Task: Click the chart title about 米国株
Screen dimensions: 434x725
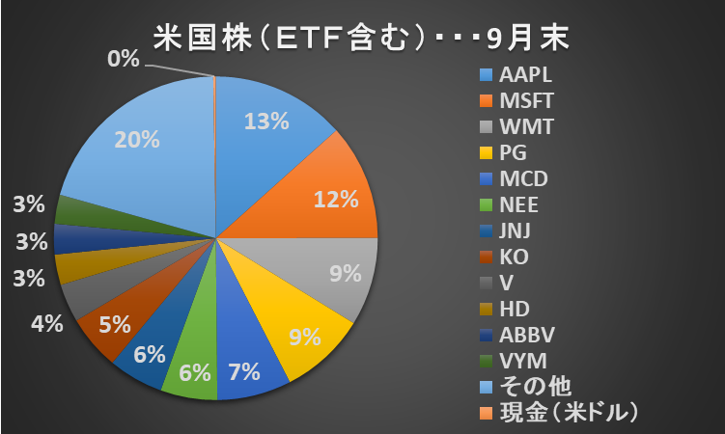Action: click(x=361, y=38)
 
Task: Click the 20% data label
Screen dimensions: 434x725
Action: click(x=136, y=140)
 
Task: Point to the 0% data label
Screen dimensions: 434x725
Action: click(x=124, y=60)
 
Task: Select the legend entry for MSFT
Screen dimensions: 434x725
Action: click(x=524, y=100)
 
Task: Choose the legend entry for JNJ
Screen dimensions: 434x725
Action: click(x=516, y=231)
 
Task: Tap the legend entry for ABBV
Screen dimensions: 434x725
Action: click(x=524, y=335)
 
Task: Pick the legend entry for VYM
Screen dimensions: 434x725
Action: click(x=522, y=361)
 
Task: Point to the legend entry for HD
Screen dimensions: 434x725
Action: click(x=514, y=309)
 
